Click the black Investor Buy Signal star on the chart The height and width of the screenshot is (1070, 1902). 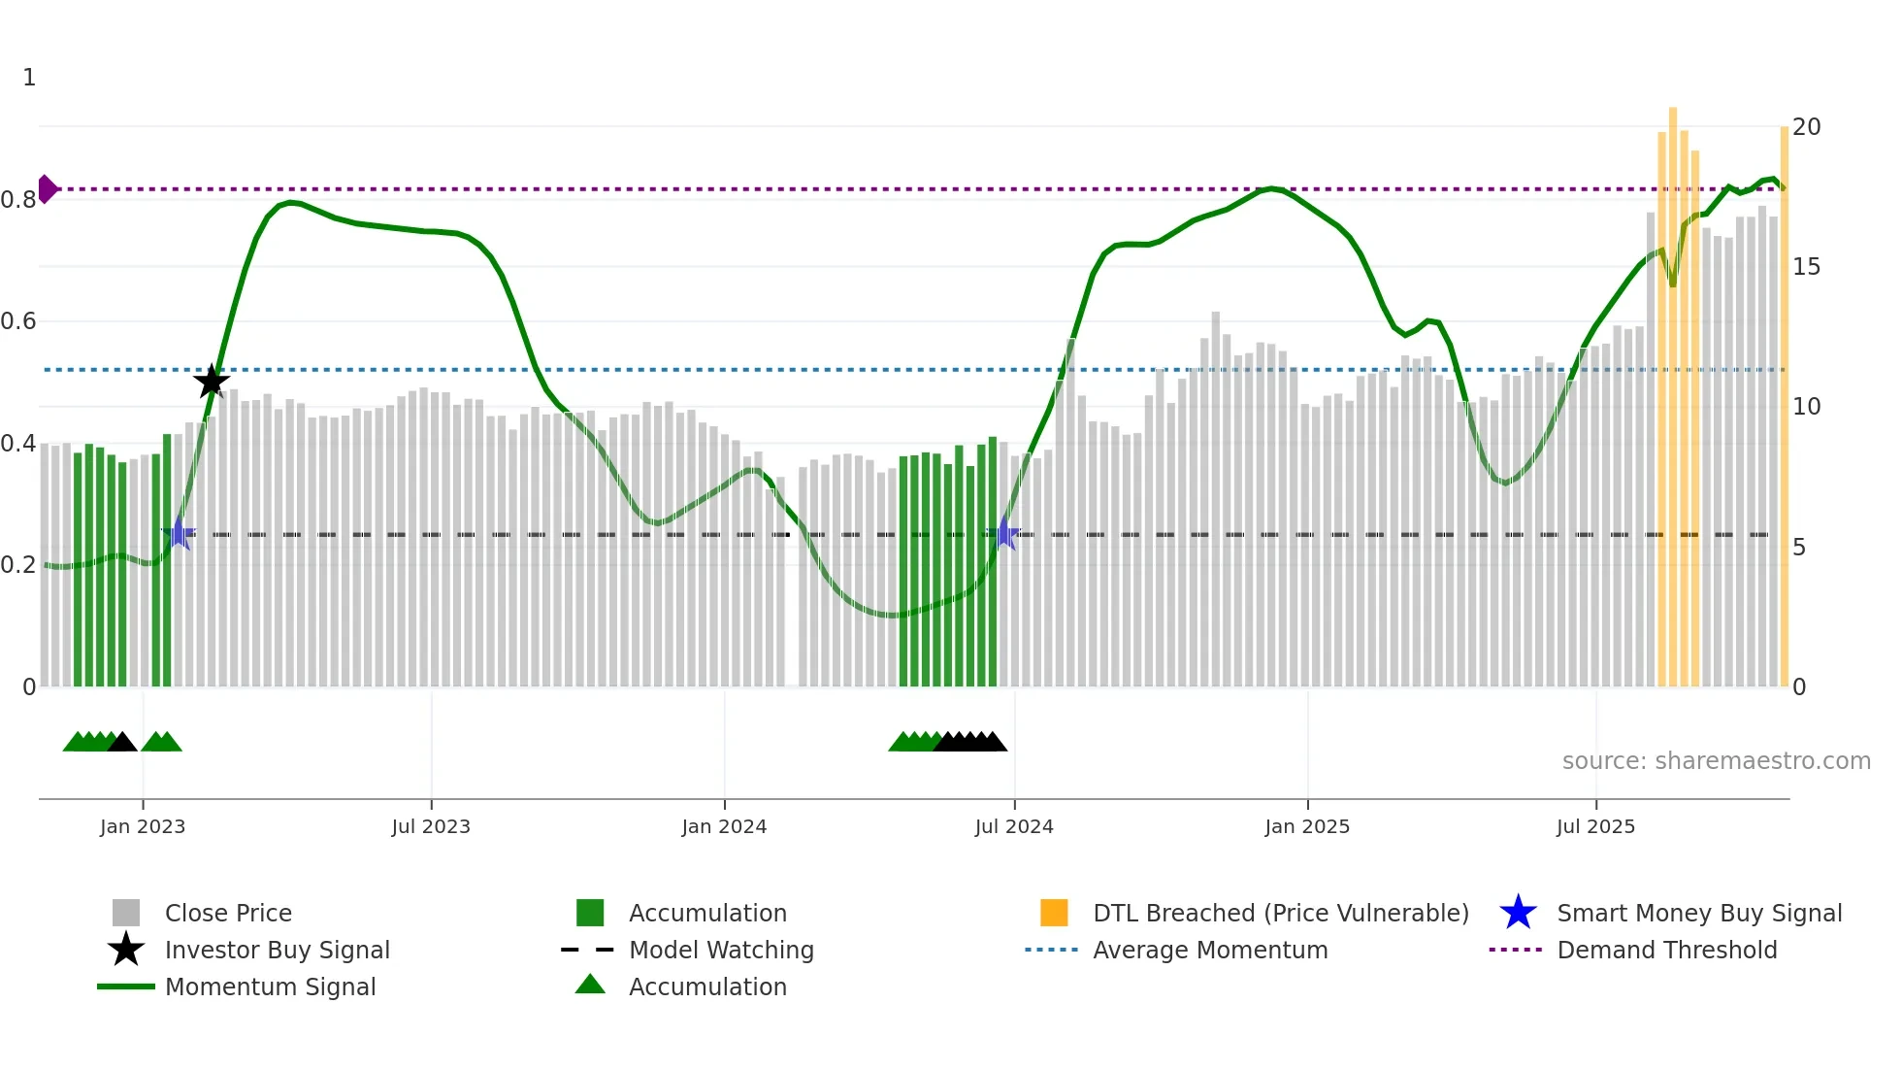coord(212,381)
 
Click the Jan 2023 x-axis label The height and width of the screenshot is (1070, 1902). coord(143,826)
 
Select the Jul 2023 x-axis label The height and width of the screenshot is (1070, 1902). coord(431,826)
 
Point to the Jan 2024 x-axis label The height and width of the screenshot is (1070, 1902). coord(724,826)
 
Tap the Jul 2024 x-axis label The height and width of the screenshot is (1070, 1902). coord(1014,826)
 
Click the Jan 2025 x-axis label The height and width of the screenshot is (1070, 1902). coord(1307,826)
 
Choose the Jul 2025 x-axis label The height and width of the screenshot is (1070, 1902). coord(1595,826)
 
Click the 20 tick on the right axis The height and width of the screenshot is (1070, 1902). coord(1806,127)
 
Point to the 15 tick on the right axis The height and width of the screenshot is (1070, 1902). coord(1806,267)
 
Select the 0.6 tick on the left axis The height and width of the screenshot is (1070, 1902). coord(19,321)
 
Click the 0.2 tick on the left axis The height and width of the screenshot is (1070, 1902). coord(19,565)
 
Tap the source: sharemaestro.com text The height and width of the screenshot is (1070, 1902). coord(1716,761)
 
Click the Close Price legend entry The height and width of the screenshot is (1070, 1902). coord(228,914)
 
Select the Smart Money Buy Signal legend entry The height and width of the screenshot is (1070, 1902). coord(1698,914)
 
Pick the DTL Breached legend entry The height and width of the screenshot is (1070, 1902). coord(1280,914)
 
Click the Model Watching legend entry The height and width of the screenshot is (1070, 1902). coord(721,951)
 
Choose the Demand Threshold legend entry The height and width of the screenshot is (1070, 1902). coord(1666,951)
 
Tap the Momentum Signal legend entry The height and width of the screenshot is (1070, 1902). coord(270,987)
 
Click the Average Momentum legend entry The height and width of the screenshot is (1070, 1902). coord(1210,951)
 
